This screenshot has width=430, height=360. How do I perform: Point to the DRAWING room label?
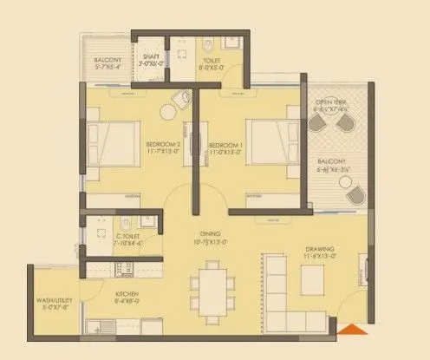321,252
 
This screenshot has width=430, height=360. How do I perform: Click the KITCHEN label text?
127,293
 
